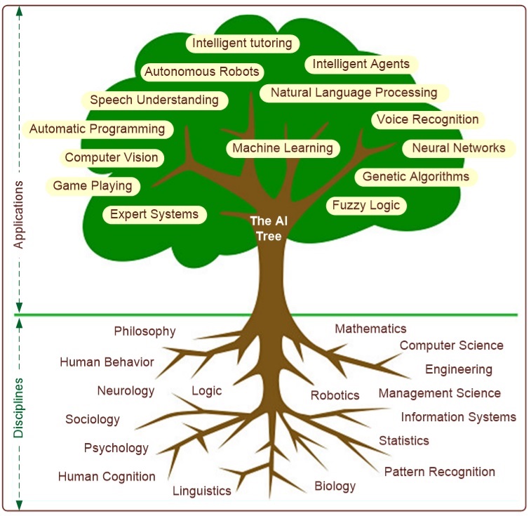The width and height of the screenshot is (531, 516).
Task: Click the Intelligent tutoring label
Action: click(x=242, y=44)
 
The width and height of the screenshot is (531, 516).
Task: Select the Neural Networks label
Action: click(x=459, y=148)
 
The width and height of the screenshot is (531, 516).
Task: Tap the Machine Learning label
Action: click(x=283, y=148)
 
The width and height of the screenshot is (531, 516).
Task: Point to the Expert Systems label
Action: click(x=154, y=213)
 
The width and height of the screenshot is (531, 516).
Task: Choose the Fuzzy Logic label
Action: click(x=366, y=205)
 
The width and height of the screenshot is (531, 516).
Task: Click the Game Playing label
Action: click(x=93, y=186)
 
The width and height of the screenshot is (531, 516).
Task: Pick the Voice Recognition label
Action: click(x=428, y=119)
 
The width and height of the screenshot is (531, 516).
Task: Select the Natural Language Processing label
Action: click(x=354, y=92)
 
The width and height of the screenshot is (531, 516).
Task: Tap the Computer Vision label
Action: click(x=112, y=157)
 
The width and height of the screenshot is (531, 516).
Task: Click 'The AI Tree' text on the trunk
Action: click(x=269, y=229)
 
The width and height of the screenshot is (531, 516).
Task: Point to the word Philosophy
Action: click(x=144, y=331)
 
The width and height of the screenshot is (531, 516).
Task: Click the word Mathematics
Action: click(x=370, y=329)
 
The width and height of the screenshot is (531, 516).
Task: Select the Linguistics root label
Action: click(x=202, y=491)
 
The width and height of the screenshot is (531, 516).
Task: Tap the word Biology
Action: click(x=335, y=486)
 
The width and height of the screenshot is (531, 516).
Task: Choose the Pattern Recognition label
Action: click(x=440, y=472)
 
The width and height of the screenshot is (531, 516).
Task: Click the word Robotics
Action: click(x=335, y=396)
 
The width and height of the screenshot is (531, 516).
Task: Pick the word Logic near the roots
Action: click(x=206, y=391)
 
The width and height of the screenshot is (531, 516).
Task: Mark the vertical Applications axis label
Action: click(x=19, y=215)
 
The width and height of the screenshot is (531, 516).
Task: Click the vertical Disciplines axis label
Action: click(x=19, y=409)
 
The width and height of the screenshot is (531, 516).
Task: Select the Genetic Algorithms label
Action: click(x=416, y=176)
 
